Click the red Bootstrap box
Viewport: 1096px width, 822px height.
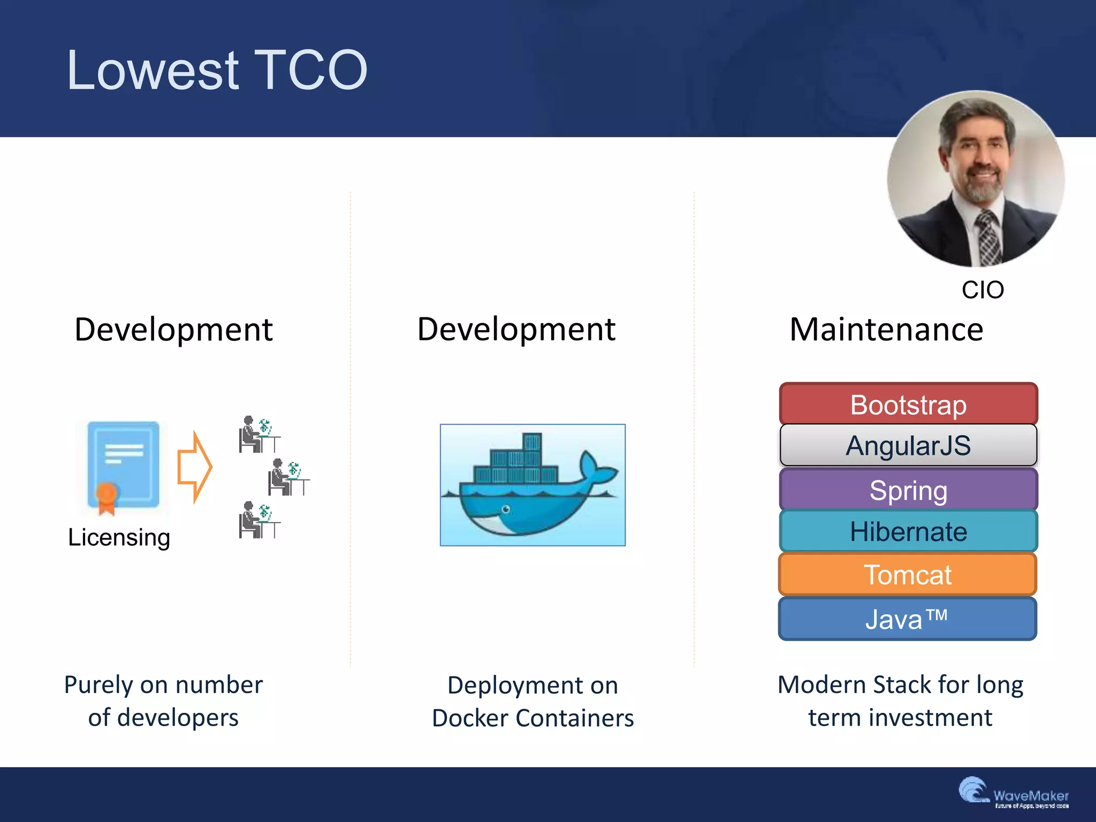pyautogui.click(x=908, y=404)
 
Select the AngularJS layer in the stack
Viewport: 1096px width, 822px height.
pyautogui.click(x=908, y=445)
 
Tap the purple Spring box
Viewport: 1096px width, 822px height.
pyautogui.click(x=908, y=490)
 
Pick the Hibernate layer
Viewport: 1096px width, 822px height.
pyautogui.click(x=908, y=531)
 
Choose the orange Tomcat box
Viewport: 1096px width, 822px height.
pyautogui.click(x=908, y=575)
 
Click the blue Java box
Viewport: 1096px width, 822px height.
pyautogui.click(x=908, y=619)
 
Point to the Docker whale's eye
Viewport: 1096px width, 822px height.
pyautogui.click(x=506, y=509)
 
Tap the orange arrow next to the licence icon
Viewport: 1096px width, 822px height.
pyautogui.click(x=195, y=467)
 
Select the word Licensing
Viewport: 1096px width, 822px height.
pyautogui.click(x=119, y=537)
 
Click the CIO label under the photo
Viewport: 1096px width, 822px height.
pyautogui.click(x=983, y=290)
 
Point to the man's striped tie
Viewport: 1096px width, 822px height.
pyautogui.click(x=987, y=235)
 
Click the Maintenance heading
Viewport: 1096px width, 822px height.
pyautogui.click(x=886, y=329)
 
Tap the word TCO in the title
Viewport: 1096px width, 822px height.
pyautogui.click(x=310, y=70)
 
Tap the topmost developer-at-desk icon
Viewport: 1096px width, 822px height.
pyautogui.click(x=259, y=434)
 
